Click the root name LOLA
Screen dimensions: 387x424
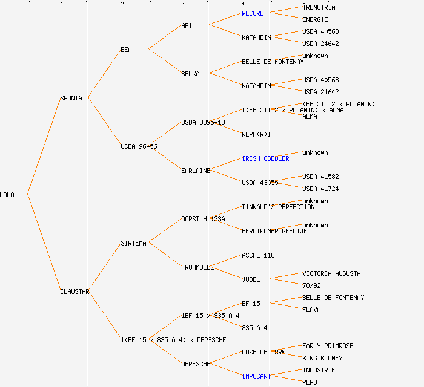pyautogui.click(x=7, y=195)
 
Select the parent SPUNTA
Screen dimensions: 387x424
pyautogui.click(x=71, y=98)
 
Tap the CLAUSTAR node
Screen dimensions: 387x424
pyautogui.click(x=75, y=291)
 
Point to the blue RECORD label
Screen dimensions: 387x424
pyautogui.click(x=253, y=13)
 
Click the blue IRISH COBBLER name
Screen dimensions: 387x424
pyautogui.click(x=265, y=158)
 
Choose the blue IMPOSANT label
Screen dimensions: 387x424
pyautogui.click(x=256, y=376)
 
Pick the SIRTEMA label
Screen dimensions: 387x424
pyautogui.click(x=133, y=243)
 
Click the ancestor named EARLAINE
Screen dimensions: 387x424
pyautogui.click(x=196, y=171)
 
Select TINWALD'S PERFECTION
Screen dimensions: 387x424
pyautogui.click(x=278, y=207)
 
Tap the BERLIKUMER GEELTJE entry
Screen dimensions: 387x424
pyautogui.click(x=274, y=231)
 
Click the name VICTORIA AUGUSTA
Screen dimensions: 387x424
pyautogui.click(x=331, y=273)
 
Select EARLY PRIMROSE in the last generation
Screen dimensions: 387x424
pyautogui.click(x=328, y=346)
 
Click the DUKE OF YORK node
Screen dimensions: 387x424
pyautogui.click(x=263, y=352)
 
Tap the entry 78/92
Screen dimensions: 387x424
pyautogui.click(x=311, y=285)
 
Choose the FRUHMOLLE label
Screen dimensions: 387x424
pyautogui.click(x=197, y=267)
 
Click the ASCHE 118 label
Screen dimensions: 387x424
pyautogui.click(x=258, y=255)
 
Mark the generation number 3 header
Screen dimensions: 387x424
pyautogui.click(x=182, y=4)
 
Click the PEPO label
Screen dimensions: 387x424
pyautogui.click(x=310, y=382)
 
